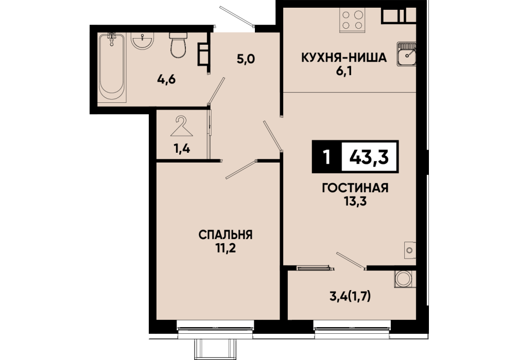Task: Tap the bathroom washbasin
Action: pyautogui.click(x=143, y=41)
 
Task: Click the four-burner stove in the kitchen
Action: pyautogui.click(x=353, y=20)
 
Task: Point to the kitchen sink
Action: pyautogui.click(x=406, y=54)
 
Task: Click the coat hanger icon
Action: pyautogui.click(x=181, y=127)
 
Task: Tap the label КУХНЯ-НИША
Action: pyautogui.click(x=343, y=58)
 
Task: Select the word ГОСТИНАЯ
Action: pyautogui.click(x=355, y=188)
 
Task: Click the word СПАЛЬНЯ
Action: pyautogui.click(x=226, y=235)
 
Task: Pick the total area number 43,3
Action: pyautogui.click(x=369, y=157)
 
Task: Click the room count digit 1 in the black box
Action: pyautogui.click(x=327, y=157)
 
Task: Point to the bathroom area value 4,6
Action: pyautogui.click(x=166, y=80)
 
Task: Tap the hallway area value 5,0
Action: pyautogui.click(x=246, y=59)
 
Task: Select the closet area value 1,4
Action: pyautogui.click(x=182, y=149)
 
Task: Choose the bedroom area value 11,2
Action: pyautogui.click(x=226, y=248)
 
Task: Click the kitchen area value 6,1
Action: pyautogui.click(x=344, y=70)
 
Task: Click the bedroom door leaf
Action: pyautogui.click(x=241, y=170)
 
